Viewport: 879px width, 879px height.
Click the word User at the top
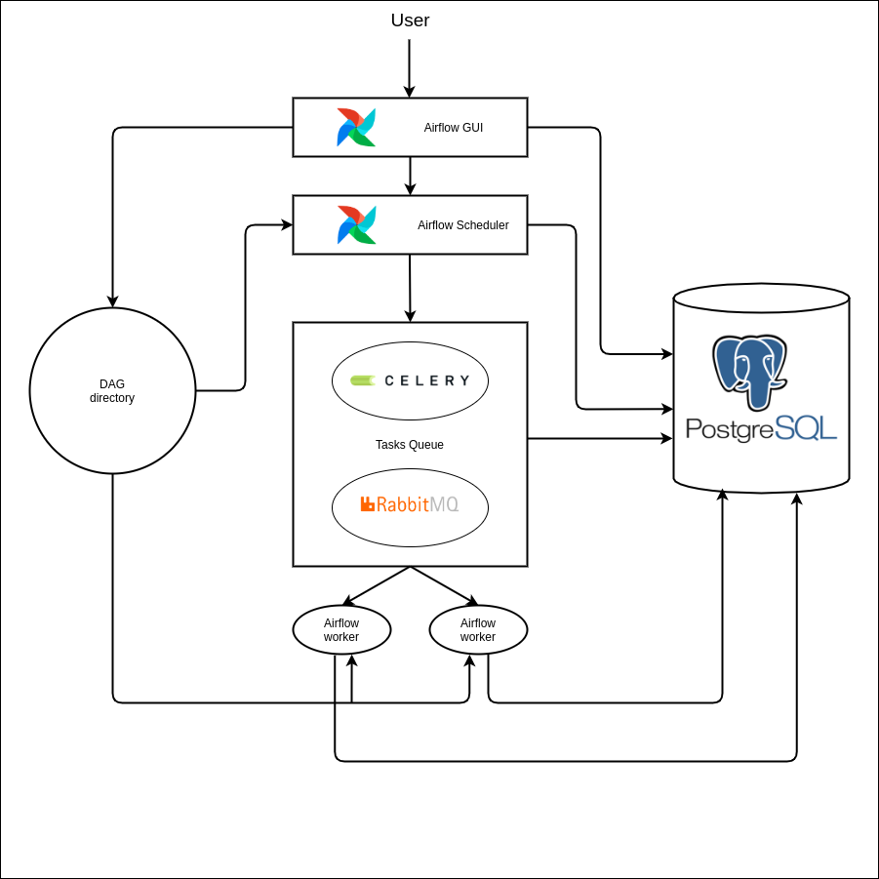click(410, 20)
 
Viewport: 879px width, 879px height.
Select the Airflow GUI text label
click(453, 128)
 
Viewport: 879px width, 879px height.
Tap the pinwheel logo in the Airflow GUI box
click(356, 128)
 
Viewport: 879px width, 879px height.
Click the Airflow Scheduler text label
click(462, 225)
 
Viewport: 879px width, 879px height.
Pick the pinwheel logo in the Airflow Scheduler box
click(356, 225)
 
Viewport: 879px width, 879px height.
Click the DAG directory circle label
click(112, 391)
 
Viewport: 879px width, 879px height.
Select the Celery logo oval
click(410, 380)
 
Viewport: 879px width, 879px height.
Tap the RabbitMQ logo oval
click(410, 506)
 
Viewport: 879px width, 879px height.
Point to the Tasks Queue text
click(410, 445)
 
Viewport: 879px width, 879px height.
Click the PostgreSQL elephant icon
click(749, 372)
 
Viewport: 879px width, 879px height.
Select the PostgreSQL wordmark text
click(761, 428)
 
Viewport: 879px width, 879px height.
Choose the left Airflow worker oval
click(341, 630)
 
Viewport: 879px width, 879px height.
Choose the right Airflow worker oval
click(478, 630)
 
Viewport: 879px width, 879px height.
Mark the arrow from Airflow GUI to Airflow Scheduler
click(410, 176)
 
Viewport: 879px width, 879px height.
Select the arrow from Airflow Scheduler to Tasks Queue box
click(410, 288)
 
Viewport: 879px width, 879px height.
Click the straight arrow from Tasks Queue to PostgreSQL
click(599, 439)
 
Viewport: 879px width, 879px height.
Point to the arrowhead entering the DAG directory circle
click(113, 301)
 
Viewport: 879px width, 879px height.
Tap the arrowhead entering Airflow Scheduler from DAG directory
click(287, 224)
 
